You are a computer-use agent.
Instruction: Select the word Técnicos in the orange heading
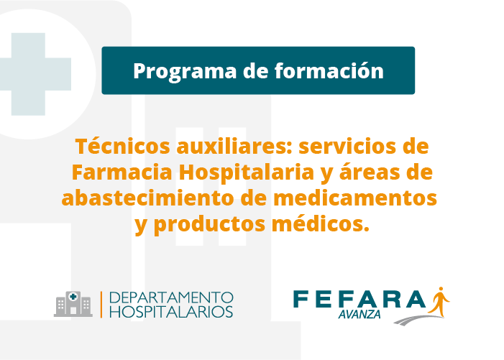pos(122,146)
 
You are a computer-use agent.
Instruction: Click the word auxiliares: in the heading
pos(235,146)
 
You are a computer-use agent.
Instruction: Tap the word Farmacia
pos(122,172)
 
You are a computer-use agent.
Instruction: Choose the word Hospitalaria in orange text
pos(246,172)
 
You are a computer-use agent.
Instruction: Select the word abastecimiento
pos(148,198)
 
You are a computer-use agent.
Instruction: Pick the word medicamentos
pos(355,198)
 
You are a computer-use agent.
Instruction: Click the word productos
pos(209,225)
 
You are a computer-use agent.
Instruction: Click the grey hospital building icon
pos(73,304)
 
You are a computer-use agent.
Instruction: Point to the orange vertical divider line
pos(101,305)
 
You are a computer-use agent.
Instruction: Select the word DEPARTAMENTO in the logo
pos(171,297)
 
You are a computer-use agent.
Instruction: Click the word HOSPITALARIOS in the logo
pos(171,312)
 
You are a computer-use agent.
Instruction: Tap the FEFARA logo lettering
pos(359,299)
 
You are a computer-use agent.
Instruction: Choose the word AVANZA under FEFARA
pos(359,315)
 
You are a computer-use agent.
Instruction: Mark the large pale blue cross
pos(32,74)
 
